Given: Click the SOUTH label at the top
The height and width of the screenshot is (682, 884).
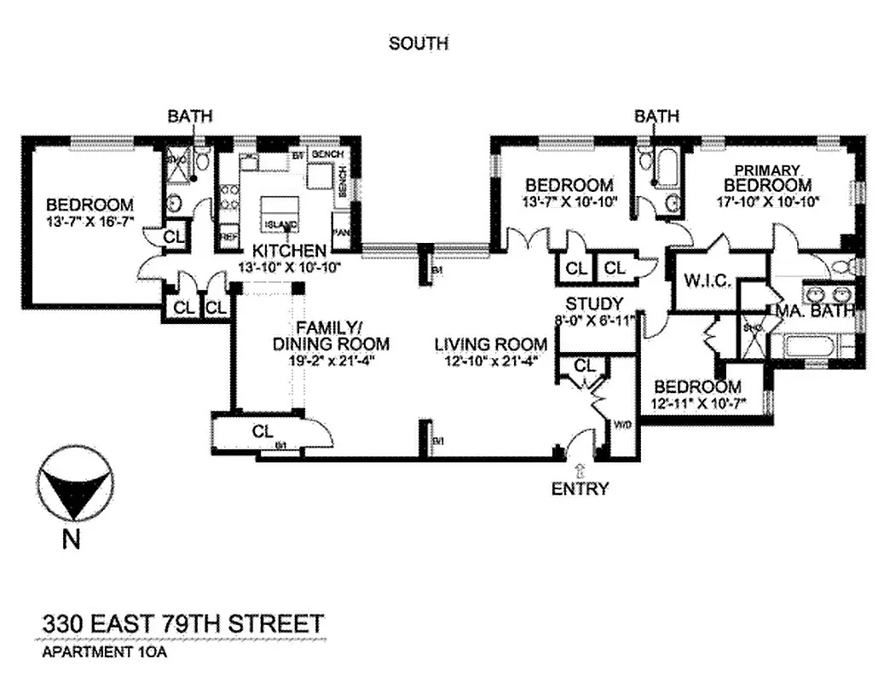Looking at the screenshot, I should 418,43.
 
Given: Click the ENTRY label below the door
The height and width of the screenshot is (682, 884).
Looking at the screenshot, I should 580,488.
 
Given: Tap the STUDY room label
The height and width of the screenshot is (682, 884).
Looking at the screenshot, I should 594,304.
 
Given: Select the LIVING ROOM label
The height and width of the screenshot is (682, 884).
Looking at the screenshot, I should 490,344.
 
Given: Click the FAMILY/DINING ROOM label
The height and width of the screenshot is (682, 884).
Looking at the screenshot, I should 331,336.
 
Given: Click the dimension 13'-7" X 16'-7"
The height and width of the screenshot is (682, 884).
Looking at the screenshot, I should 90,223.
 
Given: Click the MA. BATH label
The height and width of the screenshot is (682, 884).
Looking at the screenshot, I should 814,311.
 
